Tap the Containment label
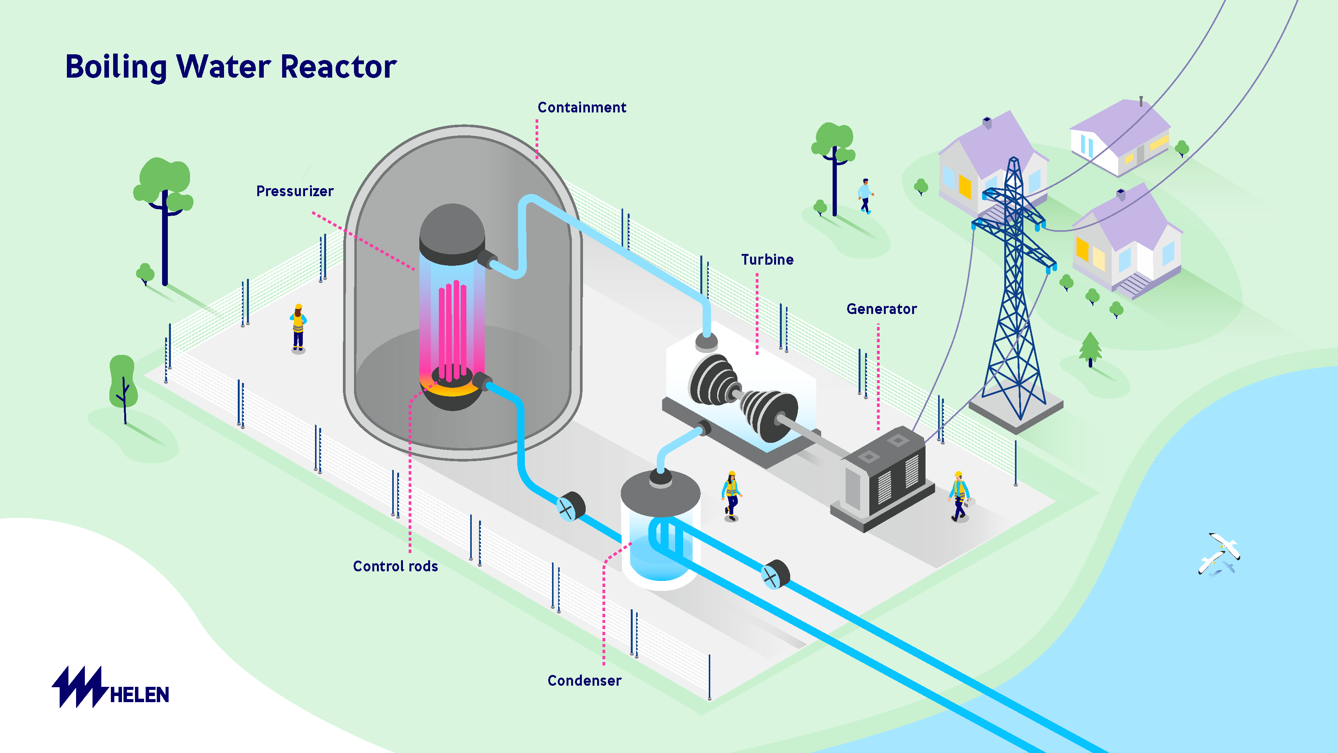582,107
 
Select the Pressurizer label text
294,191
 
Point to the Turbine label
767,260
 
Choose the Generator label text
882,309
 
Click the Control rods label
395,566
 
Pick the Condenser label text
585,681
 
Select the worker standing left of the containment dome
298,327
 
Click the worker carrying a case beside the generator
959,496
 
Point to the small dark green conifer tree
1090,348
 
